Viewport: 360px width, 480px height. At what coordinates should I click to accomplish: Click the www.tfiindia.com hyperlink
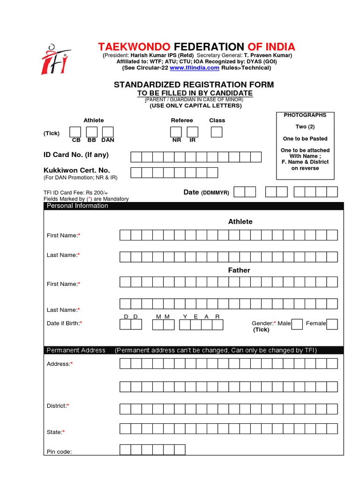pyautogui.click(x=194, y=68)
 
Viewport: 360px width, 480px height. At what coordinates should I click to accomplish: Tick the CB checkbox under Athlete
pyautogui.click(x=75, y=132)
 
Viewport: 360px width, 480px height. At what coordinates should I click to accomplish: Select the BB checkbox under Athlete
pyautogui.click(x=92, y=132)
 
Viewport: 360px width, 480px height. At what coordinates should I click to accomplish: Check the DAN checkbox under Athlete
pyautogui.click(x=108, y=132)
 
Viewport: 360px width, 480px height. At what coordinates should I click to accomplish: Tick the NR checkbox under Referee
pyautogui.click(x=177, y=132)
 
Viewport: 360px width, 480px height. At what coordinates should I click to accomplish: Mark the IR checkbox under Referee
pyautogui.click(x=193, y=132)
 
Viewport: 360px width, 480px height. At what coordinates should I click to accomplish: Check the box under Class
pyautogui.click(x=217, y=132)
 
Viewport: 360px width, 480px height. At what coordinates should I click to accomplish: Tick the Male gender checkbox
pyautogui.click(x=297, y=324)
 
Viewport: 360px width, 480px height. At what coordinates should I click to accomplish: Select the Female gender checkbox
pyautogui.click(x=332, y=324)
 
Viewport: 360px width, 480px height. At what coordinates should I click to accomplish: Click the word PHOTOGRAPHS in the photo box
pyautogui.click(x=305, y=115)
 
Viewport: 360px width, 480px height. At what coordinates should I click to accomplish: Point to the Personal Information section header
pyautogui.click(x=77, y=206)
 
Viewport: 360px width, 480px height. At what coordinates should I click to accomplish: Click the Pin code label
pyautogui.click(x=59, y=452)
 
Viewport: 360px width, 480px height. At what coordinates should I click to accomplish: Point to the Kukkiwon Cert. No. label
pyautogui.click(x=76, y=171)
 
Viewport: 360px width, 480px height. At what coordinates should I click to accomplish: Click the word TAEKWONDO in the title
pyautogui.click(x=135, y=47)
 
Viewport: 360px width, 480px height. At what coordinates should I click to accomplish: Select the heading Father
pyautogui.click(x=239, y=270)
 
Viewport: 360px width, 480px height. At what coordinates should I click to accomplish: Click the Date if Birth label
pyautogui.click(x=65, y=323)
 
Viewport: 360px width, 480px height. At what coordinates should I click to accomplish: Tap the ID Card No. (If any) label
pyautogui.click(x=76, y=155)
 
